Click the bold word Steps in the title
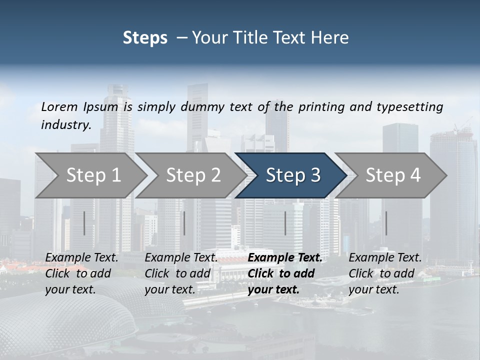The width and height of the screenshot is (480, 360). (145, 37)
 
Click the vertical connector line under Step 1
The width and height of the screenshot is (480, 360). (84, 223)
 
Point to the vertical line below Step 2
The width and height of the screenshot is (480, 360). (184, 223)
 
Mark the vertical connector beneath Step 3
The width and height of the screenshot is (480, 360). (285, 223)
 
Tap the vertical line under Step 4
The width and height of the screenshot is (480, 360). (386, 223)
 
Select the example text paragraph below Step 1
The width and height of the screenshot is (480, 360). (81, 273)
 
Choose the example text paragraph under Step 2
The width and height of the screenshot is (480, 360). (181, 273)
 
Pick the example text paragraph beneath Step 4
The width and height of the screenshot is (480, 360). (385, 273)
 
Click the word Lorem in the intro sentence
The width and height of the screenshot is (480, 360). (59, 106)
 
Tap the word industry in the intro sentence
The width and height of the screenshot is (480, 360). (66, 124)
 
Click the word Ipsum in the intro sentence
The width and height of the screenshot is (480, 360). (101, 106)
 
